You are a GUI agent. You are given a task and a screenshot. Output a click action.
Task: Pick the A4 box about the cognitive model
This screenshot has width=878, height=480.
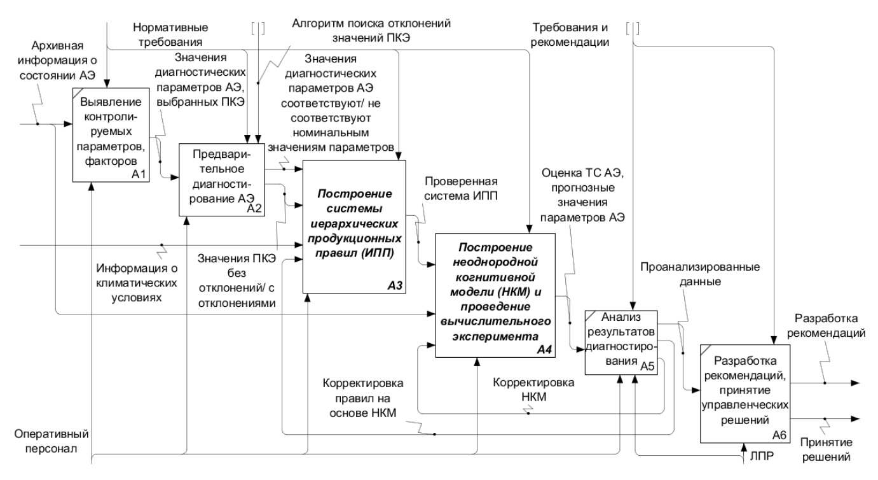[x=494, y=295]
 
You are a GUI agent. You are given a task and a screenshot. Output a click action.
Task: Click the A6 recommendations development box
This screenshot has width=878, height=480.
[x=744, y=393]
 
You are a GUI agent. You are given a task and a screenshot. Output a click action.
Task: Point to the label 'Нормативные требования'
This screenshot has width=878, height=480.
[x=168, y=35]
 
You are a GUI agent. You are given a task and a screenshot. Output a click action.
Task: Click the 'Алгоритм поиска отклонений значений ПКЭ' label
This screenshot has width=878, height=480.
[x=371, y=29]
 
